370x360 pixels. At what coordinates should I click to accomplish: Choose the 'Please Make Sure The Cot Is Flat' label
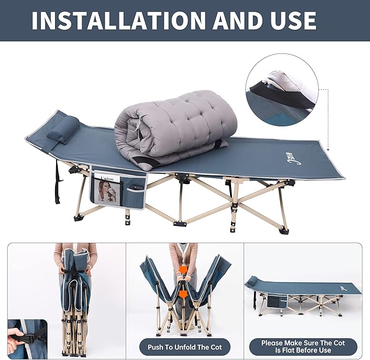coord(303,346)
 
